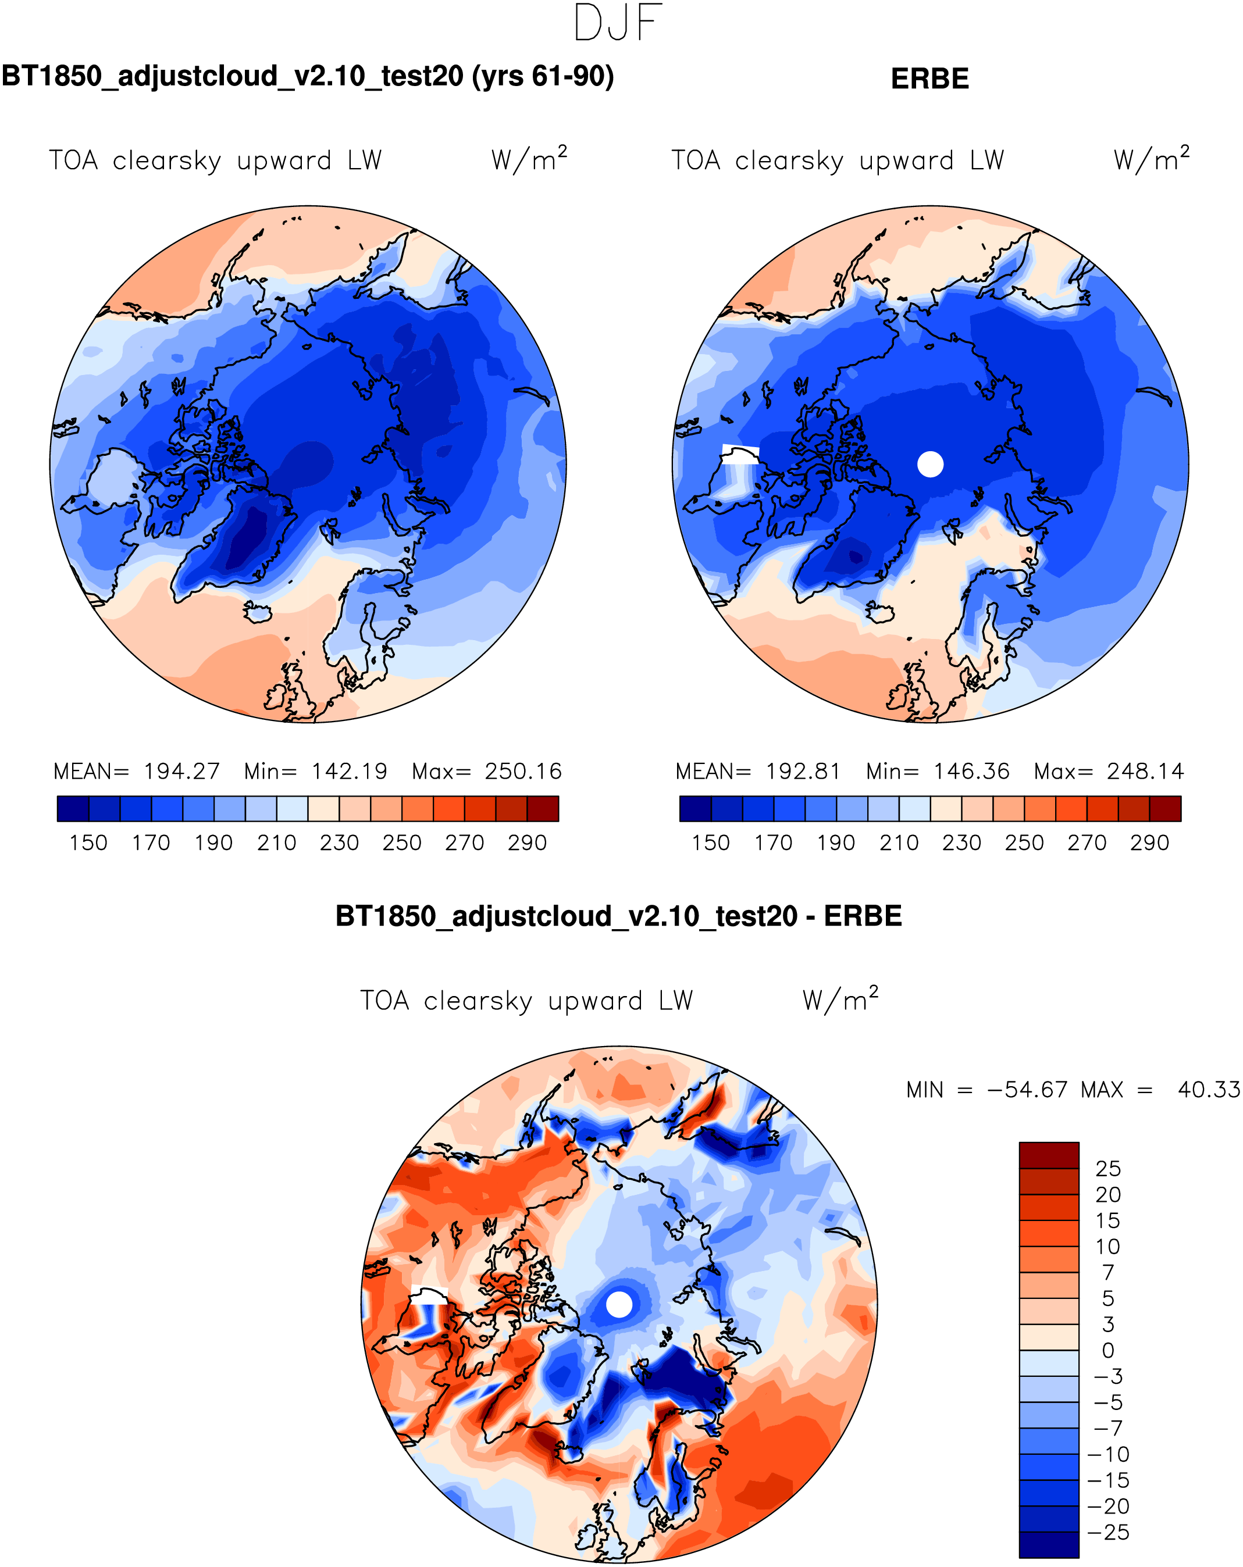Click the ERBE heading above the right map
point(929,78)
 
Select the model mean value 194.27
point(181,771)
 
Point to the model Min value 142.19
point(349,771)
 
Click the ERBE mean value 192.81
point(803,771)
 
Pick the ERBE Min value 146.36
point(971,771)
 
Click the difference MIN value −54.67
point(1027,1090)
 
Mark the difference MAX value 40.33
point(1208,1090)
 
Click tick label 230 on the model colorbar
point(339,843)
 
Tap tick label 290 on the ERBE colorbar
point(1149,843)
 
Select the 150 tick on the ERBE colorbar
point(710,843)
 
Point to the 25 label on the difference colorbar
point(1108,1169)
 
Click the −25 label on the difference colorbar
point(1108,1533)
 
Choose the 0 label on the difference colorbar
point(1108,1350)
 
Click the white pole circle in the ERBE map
point(929,464)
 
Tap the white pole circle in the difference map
point(619,1304)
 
